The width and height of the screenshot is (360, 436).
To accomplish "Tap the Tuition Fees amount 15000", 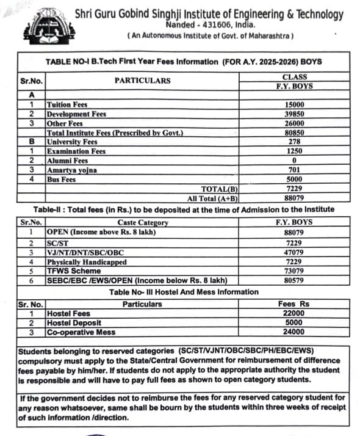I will pyautogui.click(x=295, y=104).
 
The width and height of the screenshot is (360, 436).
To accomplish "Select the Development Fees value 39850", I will pyautogui.click(x=295, y=114).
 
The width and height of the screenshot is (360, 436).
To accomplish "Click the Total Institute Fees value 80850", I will pyautogui.click(x=295, y=133).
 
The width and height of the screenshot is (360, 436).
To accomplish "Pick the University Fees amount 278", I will pyautogui.click(x=295, y=142).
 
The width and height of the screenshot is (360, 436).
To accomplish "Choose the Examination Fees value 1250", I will pyautogui.click(x=295, y=151).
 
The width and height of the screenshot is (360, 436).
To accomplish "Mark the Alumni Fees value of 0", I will pyautogui.click(x=295, y=161).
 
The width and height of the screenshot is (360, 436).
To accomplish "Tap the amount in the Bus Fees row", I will pyautogui.click(x=295, y=180).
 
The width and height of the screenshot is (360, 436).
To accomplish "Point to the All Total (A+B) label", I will pyautogui.click(x=212, y=198).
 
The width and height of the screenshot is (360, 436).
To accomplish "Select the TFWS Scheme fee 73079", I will pyautogui.click(x=295, y=271).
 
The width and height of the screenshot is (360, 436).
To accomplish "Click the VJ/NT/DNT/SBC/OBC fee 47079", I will pyautogui.click(x=295, y=252).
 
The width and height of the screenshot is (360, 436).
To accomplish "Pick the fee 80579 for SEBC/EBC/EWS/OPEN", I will pyautogui.click(x=295, y=280).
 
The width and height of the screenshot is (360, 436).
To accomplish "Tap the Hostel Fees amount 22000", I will pyautogui.click(x=295, y=313).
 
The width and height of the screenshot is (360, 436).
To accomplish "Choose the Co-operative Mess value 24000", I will pyautogui.click(x=295, y=332).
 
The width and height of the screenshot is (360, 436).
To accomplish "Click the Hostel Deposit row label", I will pyautogui.click(x=74, y=322).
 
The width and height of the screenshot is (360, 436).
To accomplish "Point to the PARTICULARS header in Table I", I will pyautogui.click(x=142, y=81).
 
